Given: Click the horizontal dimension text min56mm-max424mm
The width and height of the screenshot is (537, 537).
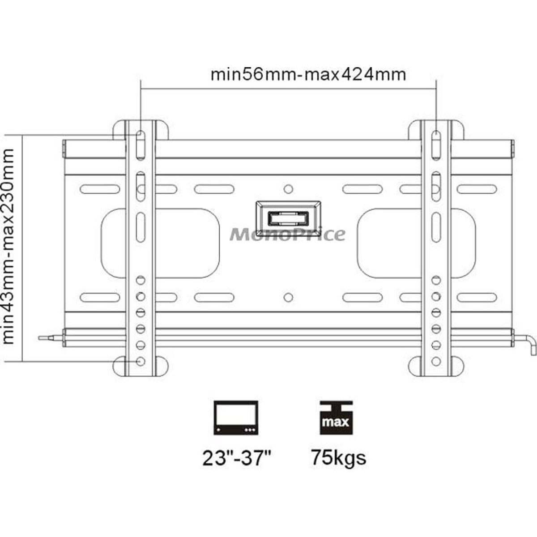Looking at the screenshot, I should click(308, 74).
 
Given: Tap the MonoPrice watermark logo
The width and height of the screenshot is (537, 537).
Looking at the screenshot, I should click(288, 234).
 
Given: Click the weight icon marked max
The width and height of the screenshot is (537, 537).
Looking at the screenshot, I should click(337, 418).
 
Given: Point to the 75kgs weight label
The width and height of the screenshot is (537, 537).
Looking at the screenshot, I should click(339, 457).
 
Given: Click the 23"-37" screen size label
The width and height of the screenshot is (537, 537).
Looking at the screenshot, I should click(237, 458).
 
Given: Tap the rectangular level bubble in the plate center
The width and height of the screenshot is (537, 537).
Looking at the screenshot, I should click(288, 219).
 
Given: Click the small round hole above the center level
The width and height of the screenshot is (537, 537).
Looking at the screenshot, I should click(289, 188).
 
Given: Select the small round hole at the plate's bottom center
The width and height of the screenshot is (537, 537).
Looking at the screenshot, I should click(289, 297).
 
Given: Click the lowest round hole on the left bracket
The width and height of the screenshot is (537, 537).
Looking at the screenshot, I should click(141, 361).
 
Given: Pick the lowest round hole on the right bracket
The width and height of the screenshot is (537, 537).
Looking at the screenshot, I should click(435, 361).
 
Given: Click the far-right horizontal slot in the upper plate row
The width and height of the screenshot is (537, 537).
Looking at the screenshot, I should click(477, 189).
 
